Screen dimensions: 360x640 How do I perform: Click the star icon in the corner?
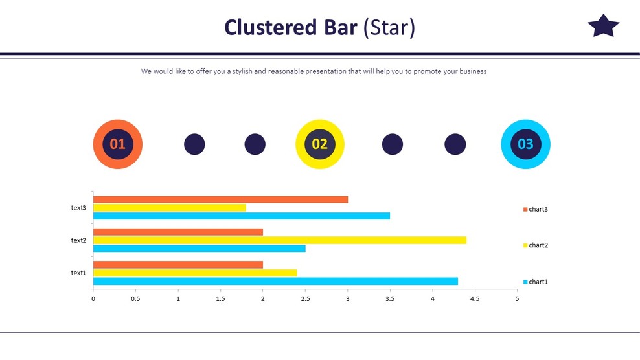[x=603, y=27]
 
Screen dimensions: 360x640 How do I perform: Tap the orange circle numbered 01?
[x=117, y=144]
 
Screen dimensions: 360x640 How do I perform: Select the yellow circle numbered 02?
[x=320, y=144]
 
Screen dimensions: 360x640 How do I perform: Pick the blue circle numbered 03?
[x=525, y=144]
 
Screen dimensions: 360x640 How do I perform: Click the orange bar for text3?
[x=220, y=199]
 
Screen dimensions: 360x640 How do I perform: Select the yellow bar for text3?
[x=170, y=208]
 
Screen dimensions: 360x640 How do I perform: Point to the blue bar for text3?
[x=242, y=216]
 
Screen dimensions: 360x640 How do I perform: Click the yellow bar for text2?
[x=280, y=240]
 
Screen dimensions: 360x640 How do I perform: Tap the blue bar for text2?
[x=200, y=248]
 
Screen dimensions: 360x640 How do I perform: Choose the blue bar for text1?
[x=275, y=281]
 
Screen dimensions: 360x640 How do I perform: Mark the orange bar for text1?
[x=178, y=264]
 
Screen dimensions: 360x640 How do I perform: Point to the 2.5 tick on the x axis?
[x=305, y=299]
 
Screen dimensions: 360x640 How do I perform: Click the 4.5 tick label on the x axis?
[x=475, y=299]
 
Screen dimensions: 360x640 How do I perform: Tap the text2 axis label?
[x=78, y=240]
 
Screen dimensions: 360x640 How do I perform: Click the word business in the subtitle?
[x=473, y=71]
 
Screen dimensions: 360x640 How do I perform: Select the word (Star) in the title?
[x=389, y=28]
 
